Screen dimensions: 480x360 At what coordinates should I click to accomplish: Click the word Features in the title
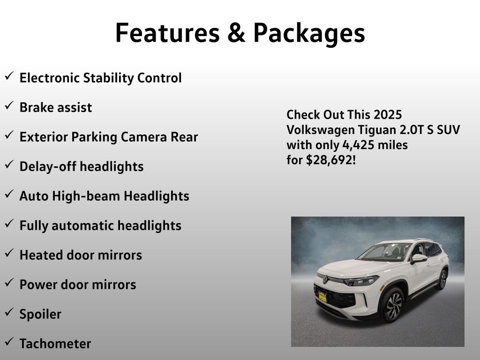click(167, 33)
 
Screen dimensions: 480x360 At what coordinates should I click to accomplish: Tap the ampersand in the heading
click(236, 33)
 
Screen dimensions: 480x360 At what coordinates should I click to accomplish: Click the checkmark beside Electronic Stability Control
click(9, 75)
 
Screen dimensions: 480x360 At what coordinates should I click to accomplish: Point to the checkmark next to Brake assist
click(9, 105)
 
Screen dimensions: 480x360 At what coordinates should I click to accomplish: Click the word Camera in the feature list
click(144, 137)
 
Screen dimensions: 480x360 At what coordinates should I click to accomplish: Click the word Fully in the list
click(34, 226)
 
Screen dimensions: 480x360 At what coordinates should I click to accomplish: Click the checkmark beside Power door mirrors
click(9, 283)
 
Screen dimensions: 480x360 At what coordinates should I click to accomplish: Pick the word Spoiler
click(40, 315)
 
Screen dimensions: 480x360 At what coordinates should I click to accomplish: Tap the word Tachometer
click(55, 344)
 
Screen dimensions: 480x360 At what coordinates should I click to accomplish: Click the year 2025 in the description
click(388, 115)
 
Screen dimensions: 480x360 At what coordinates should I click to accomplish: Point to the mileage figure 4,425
click(358, 145)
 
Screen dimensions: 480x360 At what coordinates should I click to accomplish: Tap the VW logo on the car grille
click(325, 279)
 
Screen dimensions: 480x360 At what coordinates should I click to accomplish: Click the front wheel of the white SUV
click(393, 305)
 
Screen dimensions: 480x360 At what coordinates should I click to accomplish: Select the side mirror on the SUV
click(419, 259)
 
